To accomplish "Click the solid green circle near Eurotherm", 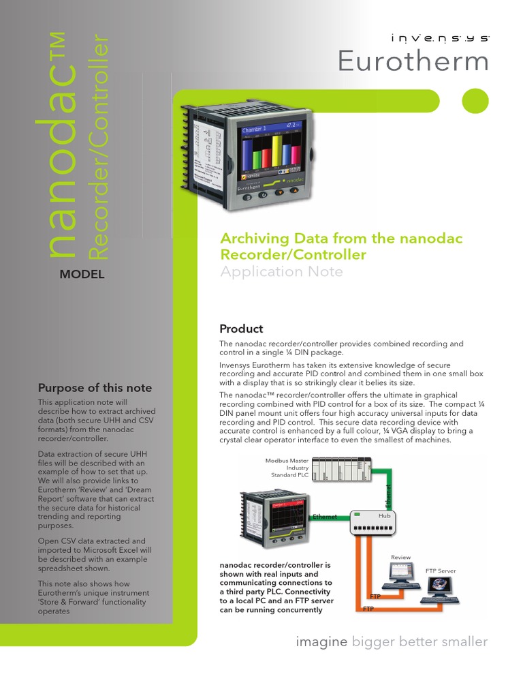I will click(475, 102).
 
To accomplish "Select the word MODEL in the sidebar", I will click(81, 275).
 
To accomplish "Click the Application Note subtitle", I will click(281, 272).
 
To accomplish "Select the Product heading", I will click(241, 329).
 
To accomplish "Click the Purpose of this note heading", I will click(95, 388).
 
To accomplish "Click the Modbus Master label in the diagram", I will click(287, 461).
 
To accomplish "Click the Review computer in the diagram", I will click(401, 579).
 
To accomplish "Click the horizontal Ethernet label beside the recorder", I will click(325, 517).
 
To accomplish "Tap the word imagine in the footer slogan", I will click(321, 641).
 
